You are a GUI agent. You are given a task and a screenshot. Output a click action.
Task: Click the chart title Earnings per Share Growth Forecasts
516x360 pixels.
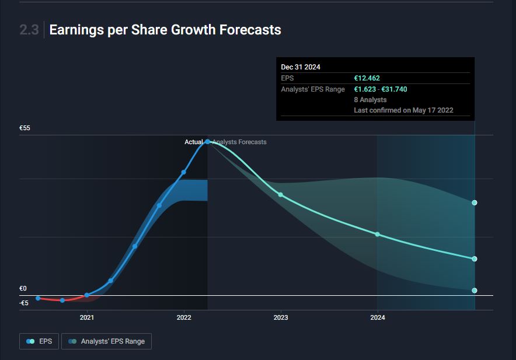[165, 30]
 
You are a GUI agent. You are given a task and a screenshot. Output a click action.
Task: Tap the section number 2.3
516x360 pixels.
[29, 30]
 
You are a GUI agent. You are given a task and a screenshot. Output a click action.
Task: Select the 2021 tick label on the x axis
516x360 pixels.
[86, 317]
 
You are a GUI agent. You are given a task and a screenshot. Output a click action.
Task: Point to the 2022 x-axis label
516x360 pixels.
[184, 317]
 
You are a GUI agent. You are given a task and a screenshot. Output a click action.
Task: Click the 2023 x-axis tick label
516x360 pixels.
[281, 317]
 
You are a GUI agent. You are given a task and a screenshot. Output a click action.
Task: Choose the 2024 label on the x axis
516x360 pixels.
[378, 317]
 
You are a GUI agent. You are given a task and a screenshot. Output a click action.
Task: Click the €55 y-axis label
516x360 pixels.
[25, 128]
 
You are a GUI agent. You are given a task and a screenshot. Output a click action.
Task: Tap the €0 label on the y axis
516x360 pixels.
[23, 288]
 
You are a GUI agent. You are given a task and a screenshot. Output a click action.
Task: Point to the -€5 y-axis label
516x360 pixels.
[23, 303]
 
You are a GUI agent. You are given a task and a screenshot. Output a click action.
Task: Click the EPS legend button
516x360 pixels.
[39, 341]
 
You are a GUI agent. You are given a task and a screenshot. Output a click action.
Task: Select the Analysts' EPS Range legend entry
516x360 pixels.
[106, 341]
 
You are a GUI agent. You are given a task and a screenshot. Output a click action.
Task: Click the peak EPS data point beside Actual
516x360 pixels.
[207, 142]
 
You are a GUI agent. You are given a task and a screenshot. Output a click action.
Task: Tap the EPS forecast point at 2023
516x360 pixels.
[281, 194]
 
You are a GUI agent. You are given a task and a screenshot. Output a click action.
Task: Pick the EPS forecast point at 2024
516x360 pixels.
[378, 235]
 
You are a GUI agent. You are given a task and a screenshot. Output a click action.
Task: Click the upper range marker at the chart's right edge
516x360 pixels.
[475, 203]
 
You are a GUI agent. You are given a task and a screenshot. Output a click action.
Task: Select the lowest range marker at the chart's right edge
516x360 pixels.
[475, 291]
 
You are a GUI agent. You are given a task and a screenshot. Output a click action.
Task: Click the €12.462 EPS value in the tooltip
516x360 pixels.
[367, 78]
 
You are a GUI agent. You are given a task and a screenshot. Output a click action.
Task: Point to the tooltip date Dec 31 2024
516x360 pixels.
[301, 67]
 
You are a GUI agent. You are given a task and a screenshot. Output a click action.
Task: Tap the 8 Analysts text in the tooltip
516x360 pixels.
[370, 100]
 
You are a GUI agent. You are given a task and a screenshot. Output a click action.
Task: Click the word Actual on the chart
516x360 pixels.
[194, 142]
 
